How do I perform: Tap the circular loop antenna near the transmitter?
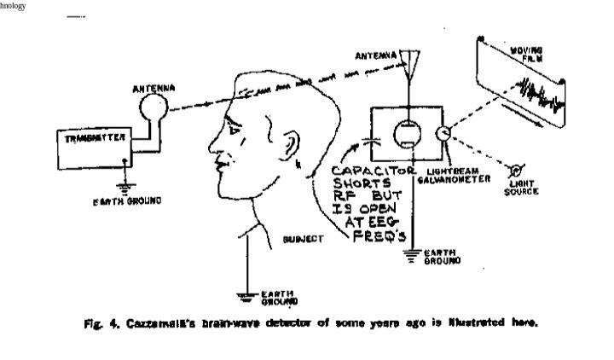(154, 105)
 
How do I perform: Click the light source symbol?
(517, 169)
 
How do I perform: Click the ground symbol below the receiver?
(414, 253)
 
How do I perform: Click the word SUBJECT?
(303, 240)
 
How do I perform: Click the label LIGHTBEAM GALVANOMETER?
(456, 175)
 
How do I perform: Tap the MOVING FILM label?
(526, 55)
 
